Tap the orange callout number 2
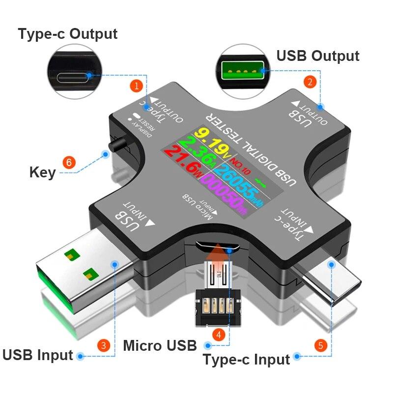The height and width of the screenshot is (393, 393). point(309,82)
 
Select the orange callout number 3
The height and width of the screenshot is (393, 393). point(103,345)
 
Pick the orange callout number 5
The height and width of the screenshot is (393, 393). point(320,345)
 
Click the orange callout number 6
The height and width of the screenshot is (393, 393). point(71,162)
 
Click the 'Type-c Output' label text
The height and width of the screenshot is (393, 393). point(68,34)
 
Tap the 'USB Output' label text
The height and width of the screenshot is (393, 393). point(318,56)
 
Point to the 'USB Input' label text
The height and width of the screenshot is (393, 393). point(38,355)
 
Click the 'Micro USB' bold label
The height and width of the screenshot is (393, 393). point(160,345)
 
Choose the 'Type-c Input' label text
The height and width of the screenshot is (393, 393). point(246,360)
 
